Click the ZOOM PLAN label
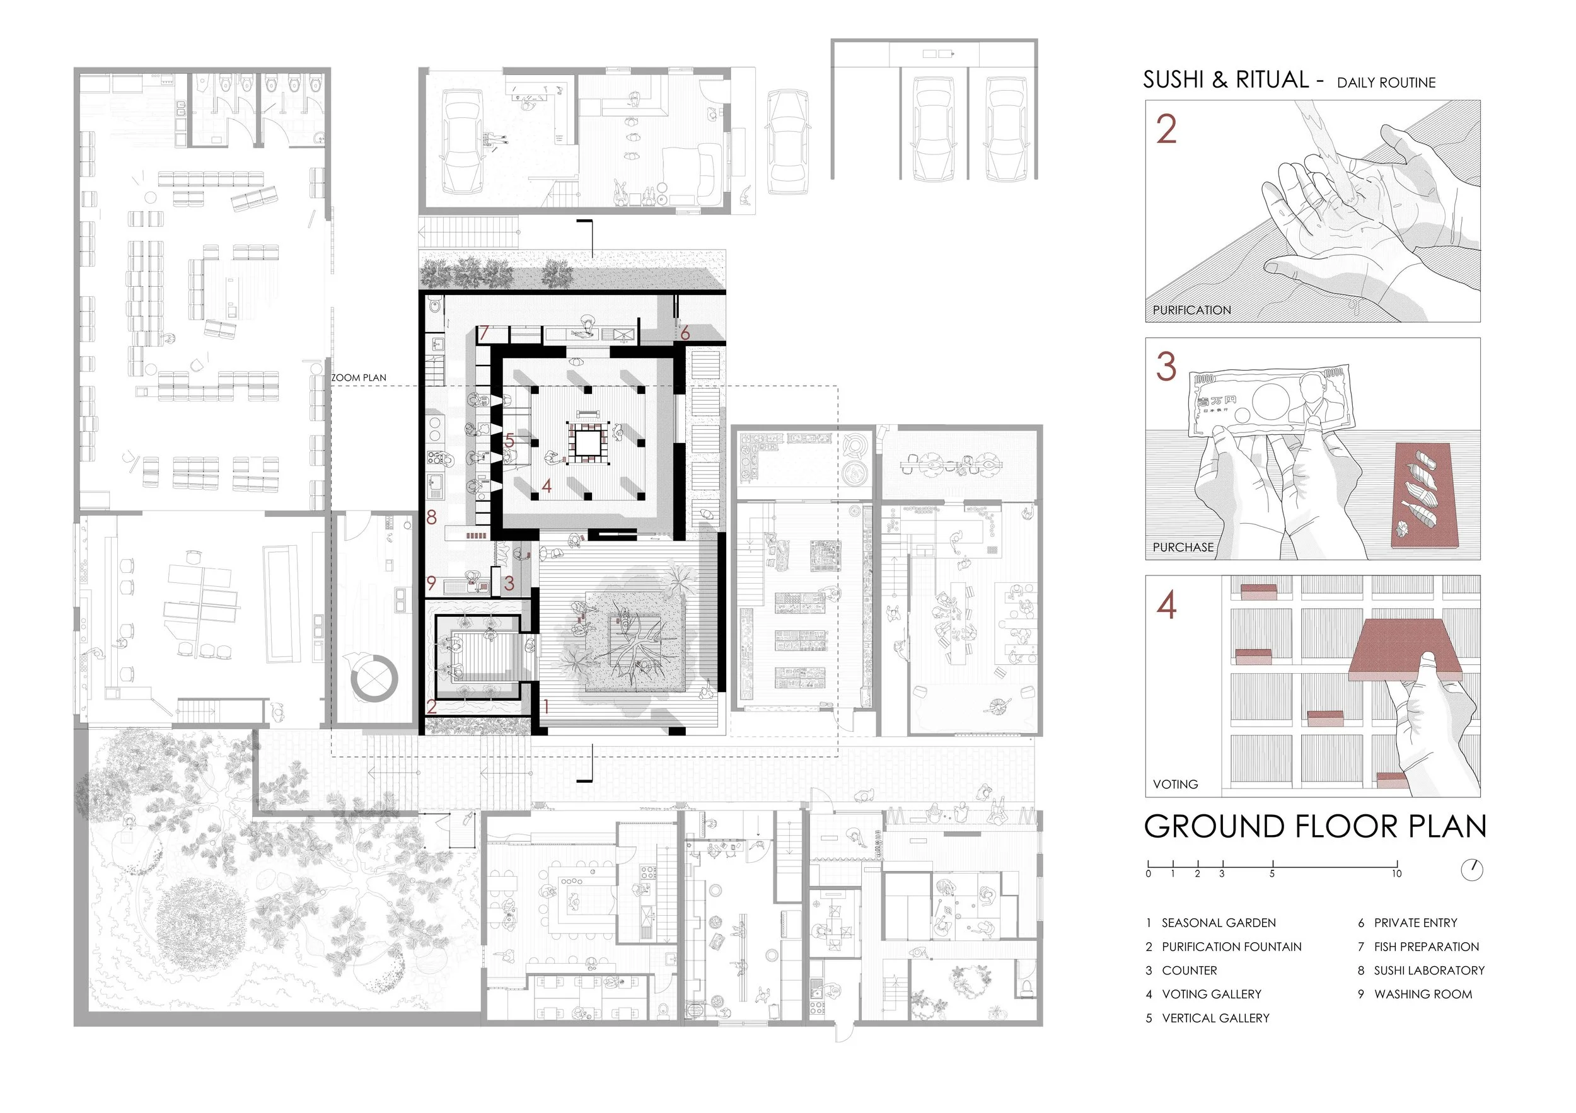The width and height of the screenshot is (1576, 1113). [x=358, y=378]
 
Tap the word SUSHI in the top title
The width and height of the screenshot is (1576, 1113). [x=1174, y=80]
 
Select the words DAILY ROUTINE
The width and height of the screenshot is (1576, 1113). [x=1386, y=83]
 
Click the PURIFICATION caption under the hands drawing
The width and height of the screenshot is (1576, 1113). [x=1191, y=310]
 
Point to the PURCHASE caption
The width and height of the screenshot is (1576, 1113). [x=1183, y=548]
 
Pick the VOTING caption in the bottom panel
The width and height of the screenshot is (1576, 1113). [x=1175, y=784]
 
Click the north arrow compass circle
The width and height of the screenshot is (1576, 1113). [x=1473, y=870]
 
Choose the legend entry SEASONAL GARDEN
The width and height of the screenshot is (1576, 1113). [x=1219, y=923]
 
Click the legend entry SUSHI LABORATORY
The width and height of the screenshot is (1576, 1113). [x=1429, y=971]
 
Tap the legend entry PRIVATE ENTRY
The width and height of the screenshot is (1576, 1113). [x=1415, y=923]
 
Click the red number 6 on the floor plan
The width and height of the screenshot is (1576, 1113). [x=685, y=333]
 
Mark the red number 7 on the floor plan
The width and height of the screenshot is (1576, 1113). [x=484, y=333]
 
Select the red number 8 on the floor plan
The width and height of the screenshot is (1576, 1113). [x=431, y=517]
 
